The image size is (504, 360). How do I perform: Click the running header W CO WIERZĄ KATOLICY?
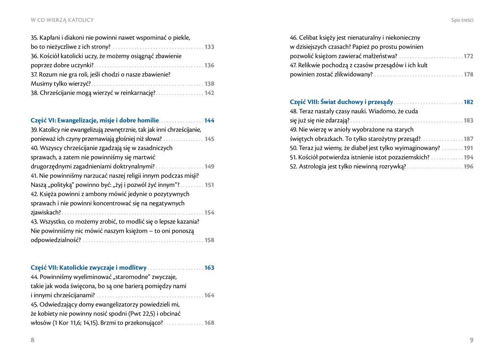pyautogui.click(x=62, y=20)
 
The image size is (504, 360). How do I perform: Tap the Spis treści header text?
pyautogui.click(x=462, y=20)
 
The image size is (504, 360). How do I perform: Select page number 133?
pyautogui.click(x=209, y=47)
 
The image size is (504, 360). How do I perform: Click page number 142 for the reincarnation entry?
pyautogui.click(x=209, y=93)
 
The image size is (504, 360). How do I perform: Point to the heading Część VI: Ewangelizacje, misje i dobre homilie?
pyautogui.click(x=95, y=121)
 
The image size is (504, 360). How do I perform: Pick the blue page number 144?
pyautogui.click(x=209, y=121)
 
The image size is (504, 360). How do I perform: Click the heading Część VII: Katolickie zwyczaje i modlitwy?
pyautogui.click(x=89, y=268)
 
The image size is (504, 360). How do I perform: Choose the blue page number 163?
pyautogui.click(x=209, y=268)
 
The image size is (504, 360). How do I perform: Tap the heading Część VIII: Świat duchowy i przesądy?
pyautogui.click(x=341, y=102)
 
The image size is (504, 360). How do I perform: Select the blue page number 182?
pyautogui.click(x=468, y=102)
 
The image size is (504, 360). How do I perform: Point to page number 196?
pyautogui.click(x=468, y=166)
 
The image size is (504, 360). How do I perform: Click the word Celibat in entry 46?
pyautogui.click(x=310, y=38)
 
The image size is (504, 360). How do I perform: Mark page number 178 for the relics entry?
pyautogui.click(x=468, y=74)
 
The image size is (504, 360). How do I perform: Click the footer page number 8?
pyautogui.click(x=33, y=340)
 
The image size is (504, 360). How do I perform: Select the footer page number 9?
pyautogui.click(x=471, y=340)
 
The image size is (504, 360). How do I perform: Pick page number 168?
pyautogui.click(x=209, y=323)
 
